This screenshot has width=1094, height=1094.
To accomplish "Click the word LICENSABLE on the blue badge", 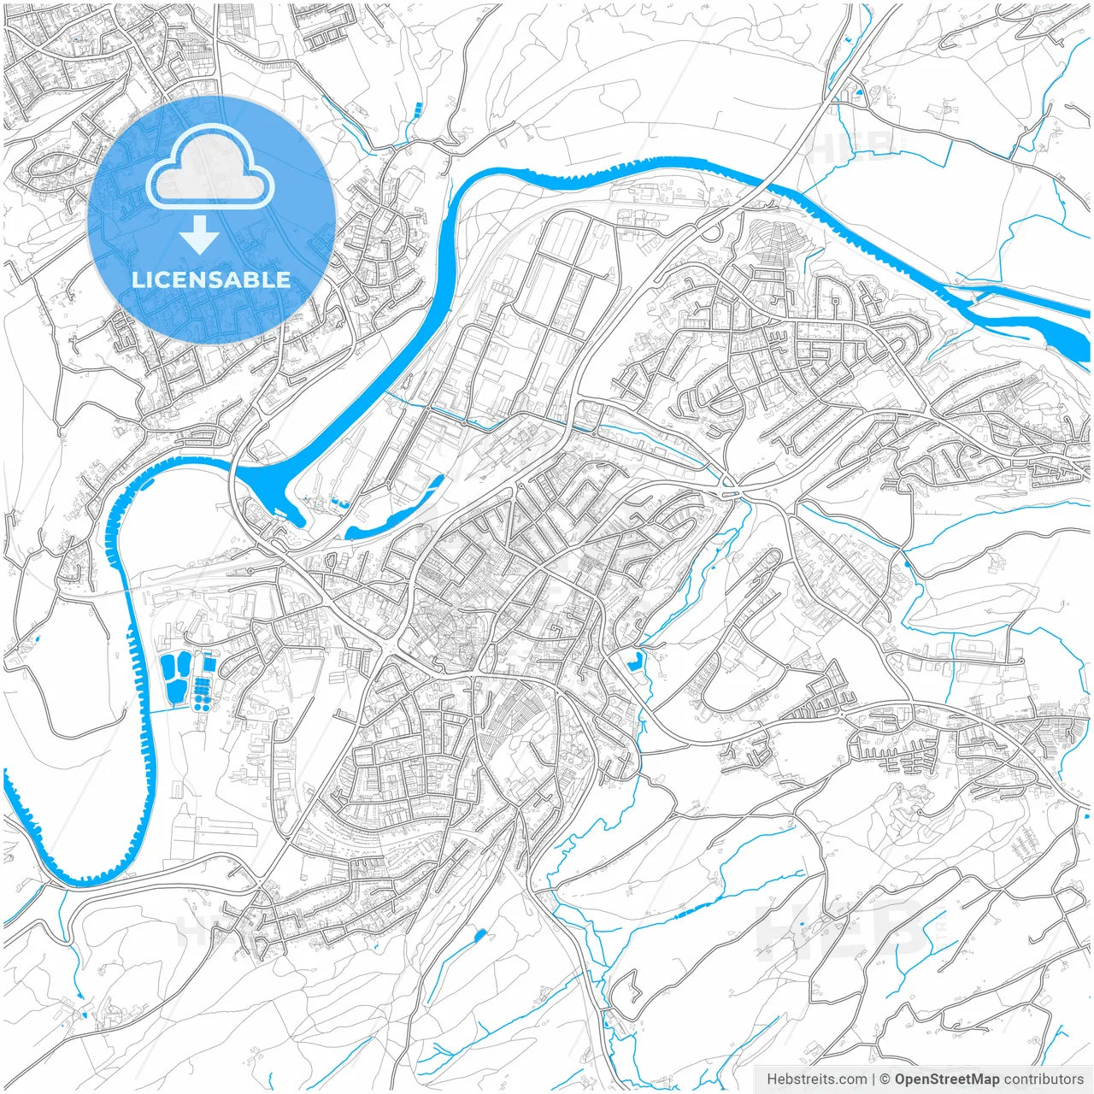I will point(211,279).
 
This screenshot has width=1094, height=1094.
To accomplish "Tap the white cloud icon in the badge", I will point(209,168).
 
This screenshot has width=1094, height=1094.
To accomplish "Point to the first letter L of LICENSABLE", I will point(138,279).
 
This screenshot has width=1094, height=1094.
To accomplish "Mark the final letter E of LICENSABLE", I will point(284,279).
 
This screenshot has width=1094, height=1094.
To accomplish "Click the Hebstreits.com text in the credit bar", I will point(816,1079).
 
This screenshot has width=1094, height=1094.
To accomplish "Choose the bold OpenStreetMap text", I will point(946,1079).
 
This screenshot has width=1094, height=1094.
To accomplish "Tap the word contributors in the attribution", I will point(1043,1079).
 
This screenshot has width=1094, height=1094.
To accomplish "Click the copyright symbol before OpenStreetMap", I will point(885,1079).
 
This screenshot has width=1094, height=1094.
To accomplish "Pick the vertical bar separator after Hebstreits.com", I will point(873,1079).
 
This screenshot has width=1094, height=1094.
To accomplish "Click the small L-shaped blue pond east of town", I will point(634,661).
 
